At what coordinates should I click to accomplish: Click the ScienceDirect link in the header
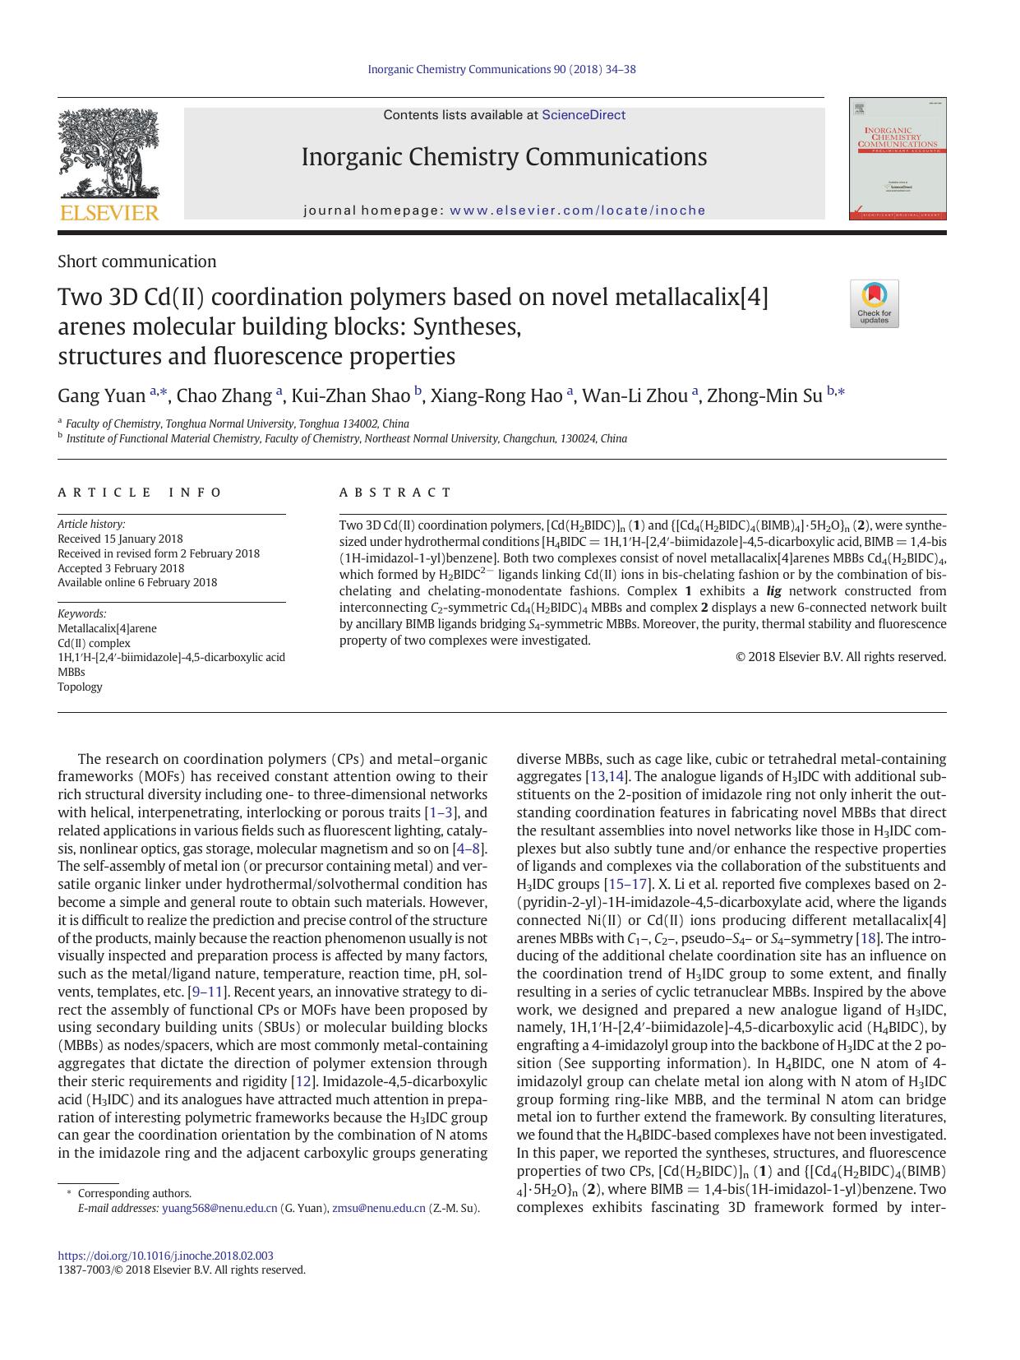pyautogui.click(x=583, y=115)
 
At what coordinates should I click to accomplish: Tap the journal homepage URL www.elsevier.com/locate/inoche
pyautogui.click(x=578, y=210)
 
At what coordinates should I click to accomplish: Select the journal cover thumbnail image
pyautogui.click(x=897, y=159)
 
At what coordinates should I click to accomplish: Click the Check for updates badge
pyautogui.click(x=874, y=303)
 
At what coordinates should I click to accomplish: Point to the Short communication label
pyautogui.click(x=136, y=261)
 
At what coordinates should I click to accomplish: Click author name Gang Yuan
pyautogui.click(x=101, y=396)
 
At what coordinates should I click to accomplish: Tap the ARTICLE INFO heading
pyautogui.click(x=140, y=493)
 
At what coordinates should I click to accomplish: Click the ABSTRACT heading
pyautogui.click(x=395, y=493)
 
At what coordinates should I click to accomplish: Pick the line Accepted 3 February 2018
pyautogui.click(x=121, y=568)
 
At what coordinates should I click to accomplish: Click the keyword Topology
pyautogui.click(x=80, y=687)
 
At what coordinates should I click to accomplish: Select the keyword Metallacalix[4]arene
pyautogui.click(x=107, y=628)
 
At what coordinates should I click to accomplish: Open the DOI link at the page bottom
pyautogui.click(x=165, y=1256)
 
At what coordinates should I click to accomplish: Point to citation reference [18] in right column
pyautogui.click(x=866, y=938)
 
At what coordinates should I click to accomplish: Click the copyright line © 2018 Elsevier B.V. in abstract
pyautogui.click(x=840, y=657)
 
